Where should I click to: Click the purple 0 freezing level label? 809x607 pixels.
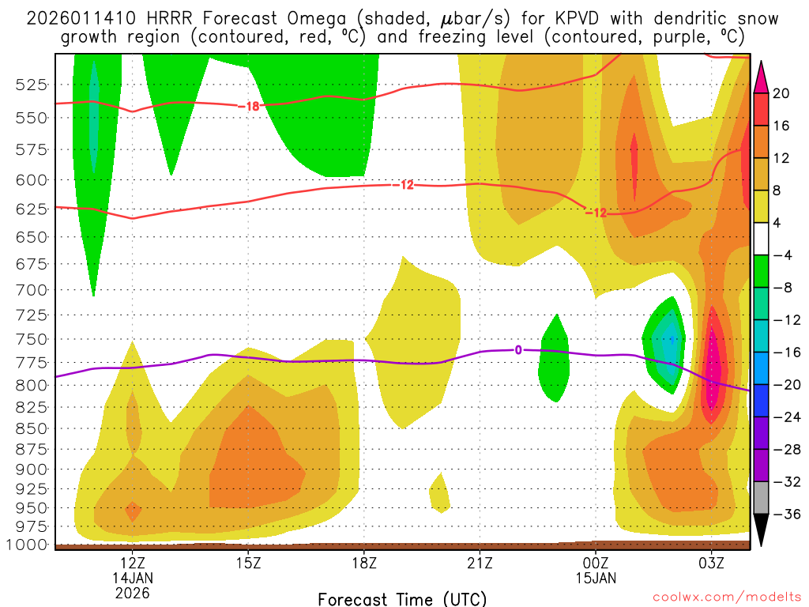pos(518,349)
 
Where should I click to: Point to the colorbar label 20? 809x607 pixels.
pos(781,93)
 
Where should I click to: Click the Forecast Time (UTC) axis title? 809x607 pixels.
pos(402,598)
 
